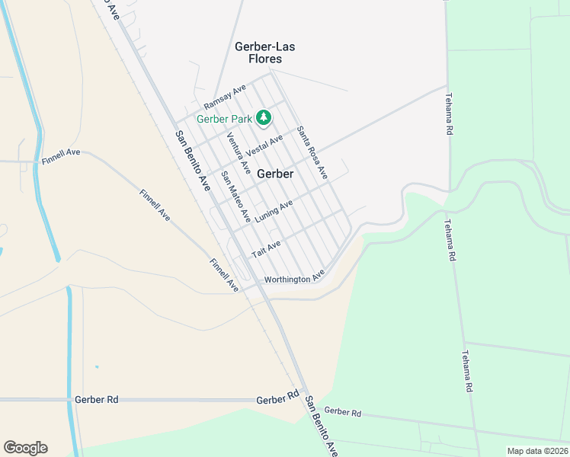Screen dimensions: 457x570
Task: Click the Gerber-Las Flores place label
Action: tap(264, 53)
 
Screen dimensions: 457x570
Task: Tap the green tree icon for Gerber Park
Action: tap(264, 117)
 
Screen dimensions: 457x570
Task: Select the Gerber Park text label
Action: tap(224, 119)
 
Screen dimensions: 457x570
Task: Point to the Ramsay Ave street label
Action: tap(225, 97)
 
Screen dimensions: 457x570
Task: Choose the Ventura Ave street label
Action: tap(239, 152)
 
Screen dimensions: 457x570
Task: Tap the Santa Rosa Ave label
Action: tap(312, 153)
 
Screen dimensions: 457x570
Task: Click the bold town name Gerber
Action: tap(275, 174)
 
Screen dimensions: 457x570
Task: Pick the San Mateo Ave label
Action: tap(235, 197)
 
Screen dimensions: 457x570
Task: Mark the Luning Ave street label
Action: tap(274, 211)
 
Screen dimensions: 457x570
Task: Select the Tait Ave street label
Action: tap(267, 248)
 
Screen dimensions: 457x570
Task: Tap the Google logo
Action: tap(25, 448)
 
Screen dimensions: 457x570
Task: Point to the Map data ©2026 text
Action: tap(538, 451)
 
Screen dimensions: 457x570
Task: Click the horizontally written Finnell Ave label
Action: tap(61, 152)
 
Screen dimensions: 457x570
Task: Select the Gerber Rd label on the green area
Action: tap(342, 411)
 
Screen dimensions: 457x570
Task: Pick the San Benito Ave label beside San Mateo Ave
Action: tap(193, 161)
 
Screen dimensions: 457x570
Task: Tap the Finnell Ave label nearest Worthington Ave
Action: tap(225, 274)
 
